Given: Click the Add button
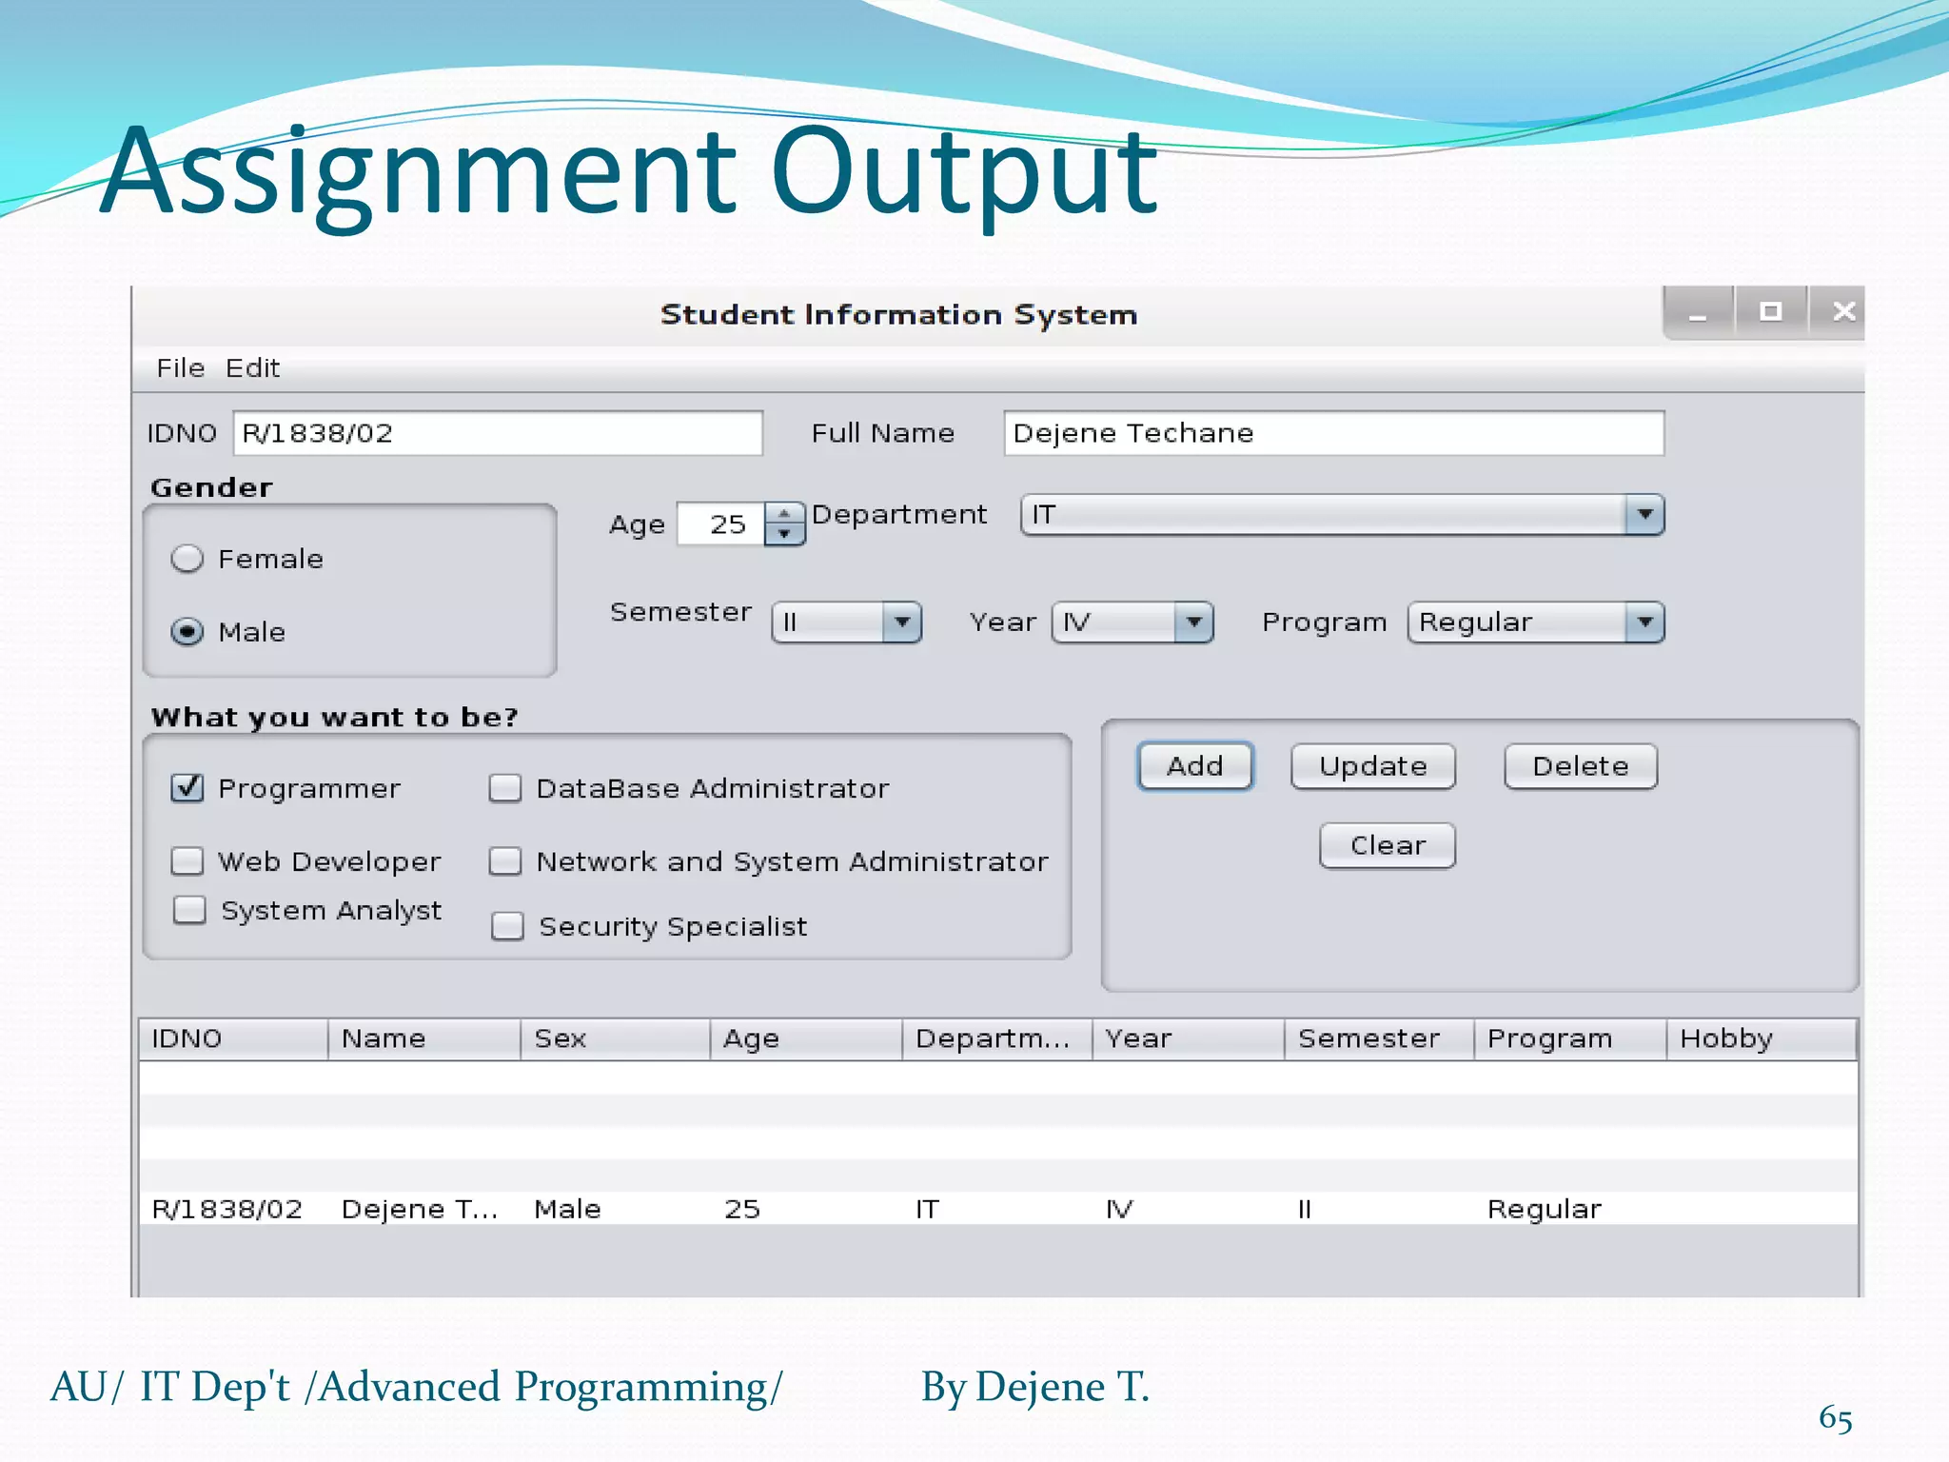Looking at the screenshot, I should (1194, 766).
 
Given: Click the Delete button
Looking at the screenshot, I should (1580, 766).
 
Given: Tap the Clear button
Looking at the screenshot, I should (1387, 845).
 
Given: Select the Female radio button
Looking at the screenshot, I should (187, 559).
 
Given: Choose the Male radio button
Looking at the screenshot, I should (187, 632).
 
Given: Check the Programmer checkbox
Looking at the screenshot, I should (187, 788).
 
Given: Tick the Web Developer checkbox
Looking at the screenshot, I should (187, 861).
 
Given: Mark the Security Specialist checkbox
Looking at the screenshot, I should (507, 926).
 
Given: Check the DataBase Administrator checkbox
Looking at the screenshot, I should (505, 788).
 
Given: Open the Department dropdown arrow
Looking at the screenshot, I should (1644, 515).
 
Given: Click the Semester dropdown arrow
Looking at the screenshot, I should (901, 623).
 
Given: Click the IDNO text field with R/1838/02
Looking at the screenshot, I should (497, 433).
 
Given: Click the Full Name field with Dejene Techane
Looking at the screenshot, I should (1332, 433).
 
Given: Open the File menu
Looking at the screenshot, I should (181, 368).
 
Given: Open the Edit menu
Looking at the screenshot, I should (252, 368).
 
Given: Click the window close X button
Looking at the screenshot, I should (1843, 311).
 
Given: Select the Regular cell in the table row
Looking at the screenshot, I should (1544, 1209).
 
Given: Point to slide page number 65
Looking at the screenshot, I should (1835, 1418).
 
